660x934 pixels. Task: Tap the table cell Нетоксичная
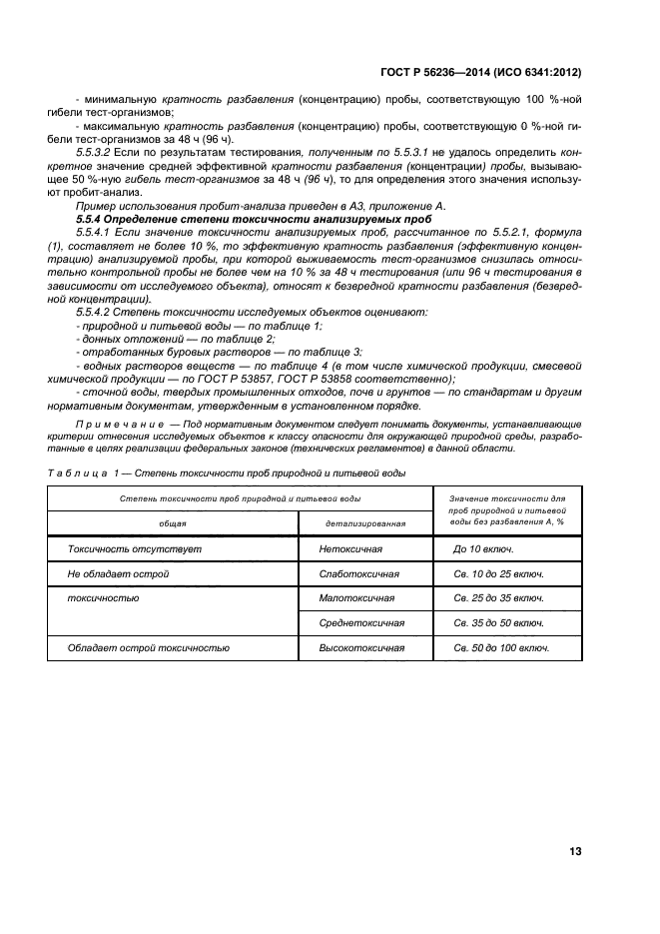350,549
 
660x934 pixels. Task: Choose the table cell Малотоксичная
356,598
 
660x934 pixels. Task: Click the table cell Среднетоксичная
360,622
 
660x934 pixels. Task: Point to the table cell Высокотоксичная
360,647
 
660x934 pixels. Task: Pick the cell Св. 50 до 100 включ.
500,647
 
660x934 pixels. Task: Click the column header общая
173,523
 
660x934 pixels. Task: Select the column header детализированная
364,523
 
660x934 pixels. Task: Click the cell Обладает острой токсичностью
149,647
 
